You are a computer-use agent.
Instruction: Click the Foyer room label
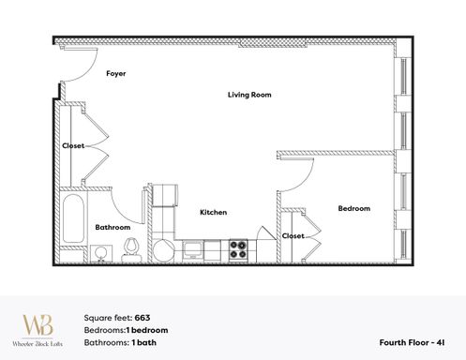[x=116, y=73]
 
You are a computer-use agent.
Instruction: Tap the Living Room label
[x=249, y=95]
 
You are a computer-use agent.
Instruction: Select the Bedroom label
[x=353, y=208]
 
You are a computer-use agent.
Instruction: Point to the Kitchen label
[x=213, y=212]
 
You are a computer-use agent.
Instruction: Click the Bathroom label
[x=113, y=227]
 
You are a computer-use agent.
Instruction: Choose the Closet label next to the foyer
[x=73, y=145]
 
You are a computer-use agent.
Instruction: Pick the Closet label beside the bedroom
[x=293, y=236]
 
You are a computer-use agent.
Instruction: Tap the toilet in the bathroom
[x=132, y=247]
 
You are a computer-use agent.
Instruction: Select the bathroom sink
[x=102, y=252]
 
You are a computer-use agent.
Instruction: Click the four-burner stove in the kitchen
[x=237, y=248]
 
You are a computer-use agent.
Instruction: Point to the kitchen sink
[x=193, y=249]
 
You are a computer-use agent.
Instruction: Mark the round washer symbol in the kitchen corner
[x=163, y=249]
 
